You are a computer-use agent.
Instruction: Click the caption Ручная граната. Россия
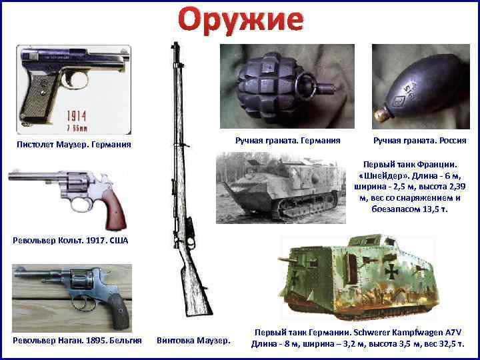pyautogui.click(x=419, y=140)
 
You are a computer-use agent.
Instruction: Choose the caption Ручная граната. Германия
pyautogui.click(x=288, y=140)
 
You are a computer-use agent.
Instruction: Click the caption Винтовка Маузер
pyautogui.click(x=193, y=341)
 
